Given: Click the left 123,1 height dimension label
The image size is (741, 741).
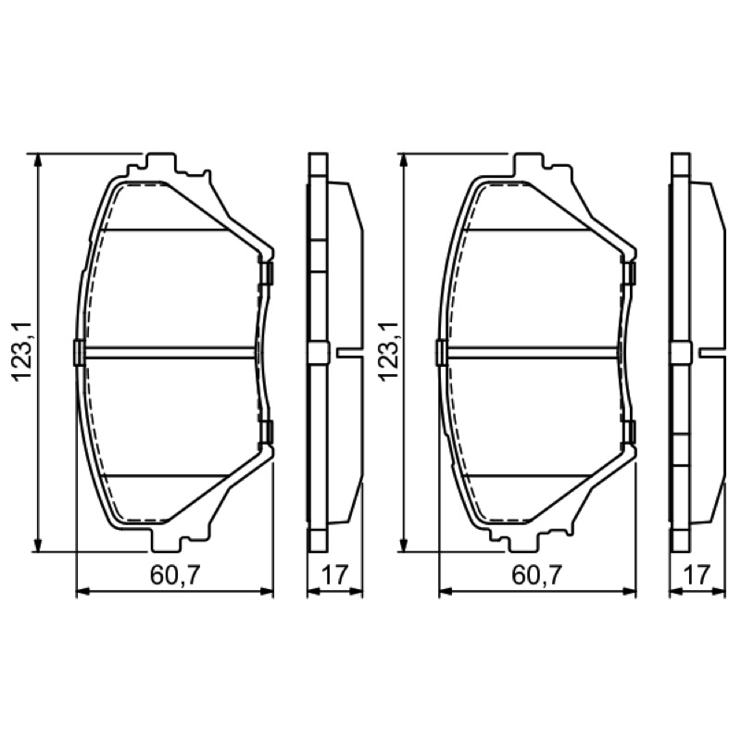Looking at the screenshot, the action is tap(22, 351).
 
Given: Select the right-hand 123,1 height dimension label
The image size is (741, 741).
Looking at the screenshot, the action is tap(386, 351).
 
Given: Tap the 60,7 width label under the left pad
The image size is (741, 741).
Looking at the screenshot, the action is tap(175, 574).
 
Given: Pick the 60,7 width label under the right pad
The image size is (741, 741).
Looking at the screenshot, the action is tap(537, 574).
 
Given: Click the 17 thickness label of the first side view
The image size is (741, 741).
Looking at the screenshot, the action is tap(334, 574).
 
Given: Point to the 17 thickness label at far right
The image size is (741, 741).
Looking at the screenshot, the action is tap(697, 574).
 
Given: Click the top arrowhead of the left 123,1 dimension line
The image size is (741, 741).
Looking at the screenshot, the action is tap(38, 160).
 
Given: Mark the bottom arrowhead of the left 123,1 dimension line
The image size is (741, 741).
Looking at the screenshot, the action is tap(38, 544).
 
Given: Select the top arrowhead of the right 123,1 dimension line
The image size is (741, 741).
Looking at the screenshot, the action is tap(403, 160).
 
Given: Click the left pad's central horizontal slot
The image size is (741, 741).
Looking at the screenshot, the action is tap(170, 353).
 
